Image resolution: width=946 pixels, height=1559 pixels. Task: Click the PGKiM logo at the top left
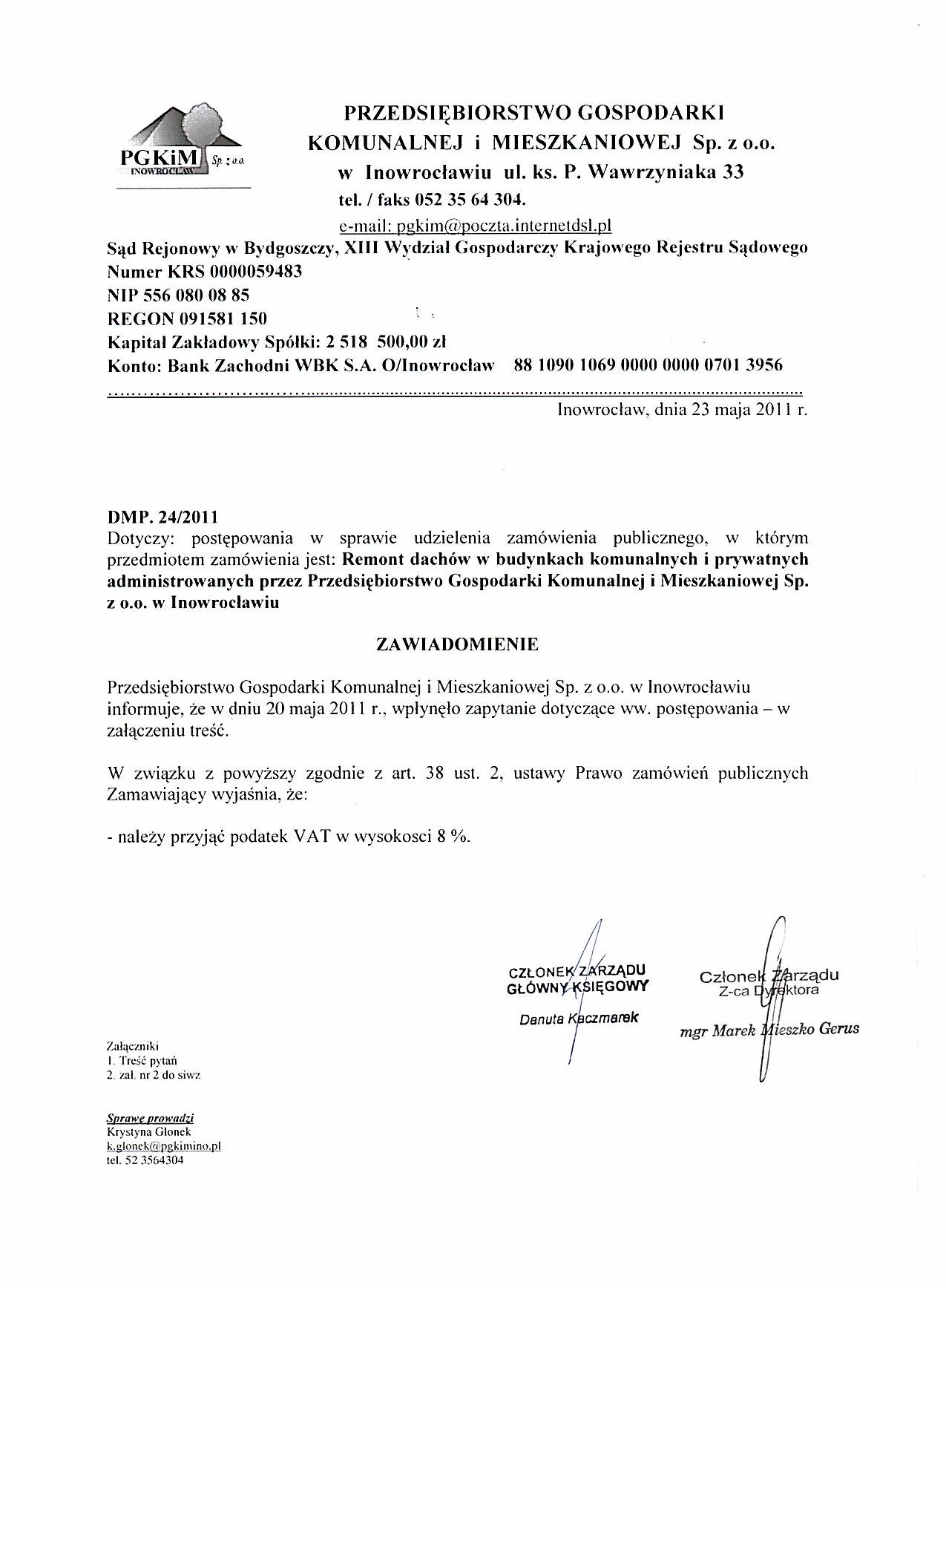click(x=181, y=145)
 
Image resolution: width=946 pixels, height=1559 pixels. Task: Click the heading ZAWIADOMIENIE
click(x=457, y=644)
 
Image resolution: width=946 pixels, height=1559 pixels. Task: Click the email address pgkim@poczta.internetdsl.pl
click(x=503, y=224)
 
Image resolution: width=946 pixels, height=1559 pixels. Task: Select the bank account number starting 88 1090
click(x=648, y=365)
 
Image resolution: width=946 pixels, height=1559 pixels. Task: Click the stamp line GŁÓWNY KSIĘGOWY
click(x=578, y=987)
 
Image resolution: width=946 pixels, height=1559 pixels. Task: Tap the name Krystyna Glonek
click(x=149, y=1131)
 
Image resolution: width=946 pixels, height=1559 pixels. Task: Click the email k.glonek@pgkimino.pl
click(x=164, y=1145)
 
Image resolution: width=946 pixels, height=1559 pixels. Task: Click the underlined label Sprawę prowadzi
click(x=151, y=1118)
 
